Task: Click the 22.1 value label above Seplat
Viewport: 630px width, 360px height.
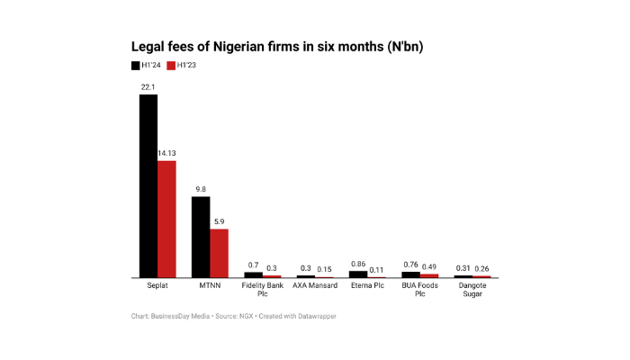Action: pos(148,86)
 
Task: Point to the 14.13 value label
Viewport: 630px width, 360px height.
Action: pos(166,154)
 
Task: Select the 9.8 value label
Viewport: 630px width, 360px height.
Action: pos(200,189)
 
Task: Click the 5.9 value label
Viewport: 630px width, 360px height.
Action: pos(219,221)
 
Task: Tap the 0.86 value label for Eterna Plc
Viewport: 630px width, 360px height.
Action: pos(357,264)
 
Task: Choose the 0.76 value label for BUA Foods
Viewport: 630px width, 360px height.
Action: pos(409,265)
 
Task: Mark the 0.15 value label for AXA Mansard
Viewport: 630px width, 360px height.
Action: pos(324,268)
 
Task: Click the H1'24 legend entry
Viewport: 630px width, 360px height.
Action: pos(148,65)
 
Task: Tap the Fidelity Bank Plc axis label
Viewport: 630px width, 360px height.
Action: pos(262,290)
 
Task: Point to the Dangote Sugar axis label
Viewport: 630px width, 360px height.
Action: pos(472,290)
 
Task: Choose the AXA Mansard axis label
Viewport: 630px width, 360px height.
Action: pos(314,285)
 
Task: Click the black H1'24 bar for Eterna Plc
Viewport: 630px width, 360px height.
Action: pos(357,274)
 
